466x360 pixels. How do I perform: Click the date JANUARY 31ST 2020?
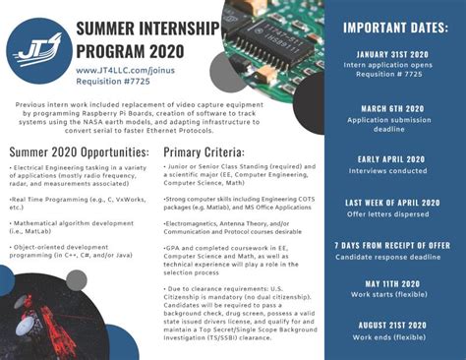[x=393, y=55]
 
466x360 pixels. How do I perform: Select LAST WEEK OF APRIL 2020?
[x=393, y=202]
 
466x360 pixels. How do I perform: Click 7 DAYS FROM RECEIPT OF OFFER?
[x=393, y=244]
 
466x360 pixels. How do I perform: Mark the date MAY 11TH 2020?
[x=393, y=285]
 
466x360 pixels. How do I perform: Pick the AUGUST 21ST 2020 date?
[x=393, y=326]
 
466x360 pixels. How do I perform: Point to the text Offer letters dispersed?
[x=393, y=214]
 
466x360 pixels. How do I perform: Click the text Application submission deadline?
[x=393, y=126]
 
